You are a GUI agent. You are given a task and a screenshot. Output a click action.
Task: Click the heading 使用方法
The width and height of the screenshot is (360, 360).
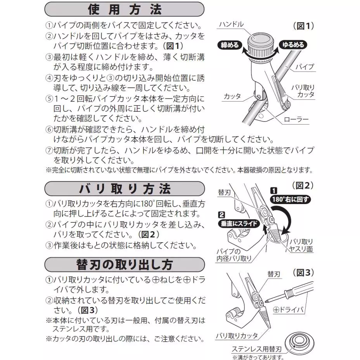point(124,9)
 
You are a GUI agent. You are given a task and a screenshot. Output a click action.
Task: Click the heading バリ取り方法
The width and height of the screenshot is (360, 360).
point(124,189)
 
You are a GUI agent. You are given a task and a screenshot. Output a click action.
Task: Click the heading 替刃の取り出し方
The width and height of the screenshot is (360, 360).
point(124,265)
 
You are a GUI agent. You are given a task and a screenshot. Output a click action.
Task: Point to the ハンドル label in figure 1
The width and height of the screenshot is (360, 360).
point(231,24)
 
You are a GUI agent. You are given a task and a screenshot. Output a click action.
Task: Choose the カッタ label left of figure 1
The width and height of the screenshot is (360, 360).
point(232,96)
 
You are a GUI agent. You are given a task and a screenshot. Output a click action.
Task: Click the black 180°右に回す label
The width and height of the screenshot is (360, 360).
point(290,200)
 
